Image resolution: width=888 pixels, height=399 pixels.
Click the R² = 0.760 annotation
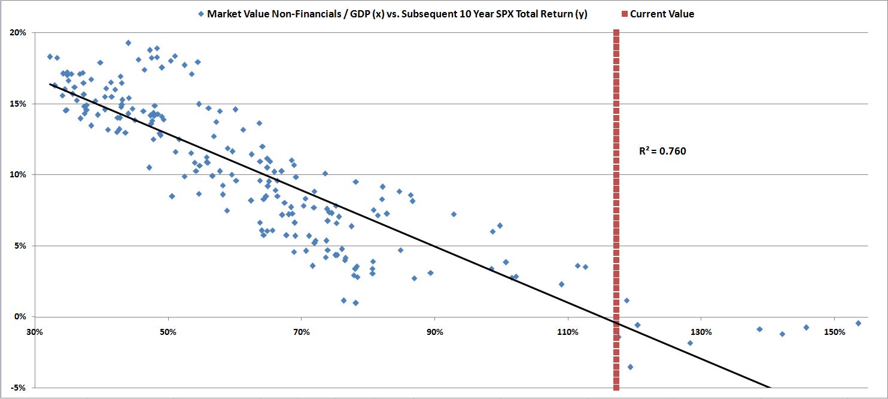pyautogui.click(x=662, y=152)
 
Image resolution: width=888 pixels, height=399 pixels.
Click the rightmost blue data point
pyautogui.click(x=858, y=323)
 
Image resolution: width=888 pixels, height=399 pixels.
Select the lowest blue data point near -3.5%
pyautogui.click(x=630, y=367)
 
